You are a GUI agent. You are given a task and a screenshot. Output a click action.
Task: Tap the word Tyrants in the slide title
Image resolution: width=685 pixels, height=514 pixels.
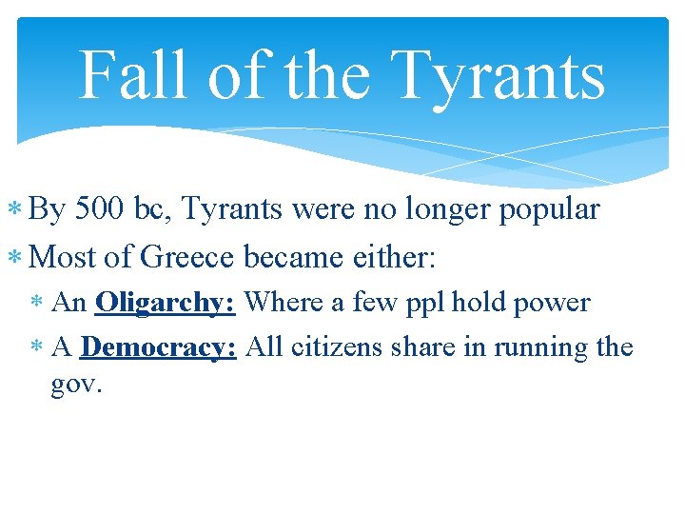click(498, 75)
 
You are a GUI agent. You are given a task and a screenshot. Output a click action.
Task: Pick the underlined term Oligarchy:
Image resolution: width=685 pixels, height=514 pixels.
click(166, 304)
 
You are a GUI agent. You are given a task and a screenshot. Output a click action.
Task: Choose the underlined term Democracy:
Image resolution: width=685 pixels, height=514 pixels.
click(159, 346)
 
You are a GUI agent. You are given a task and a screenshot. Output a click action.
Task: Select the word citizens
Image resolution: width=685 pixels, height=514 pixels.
click(336, 346)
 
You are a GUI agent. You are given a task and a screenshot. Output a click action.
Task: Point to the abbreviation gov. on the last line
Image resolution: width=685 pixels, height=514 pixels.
click(76, 387)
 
